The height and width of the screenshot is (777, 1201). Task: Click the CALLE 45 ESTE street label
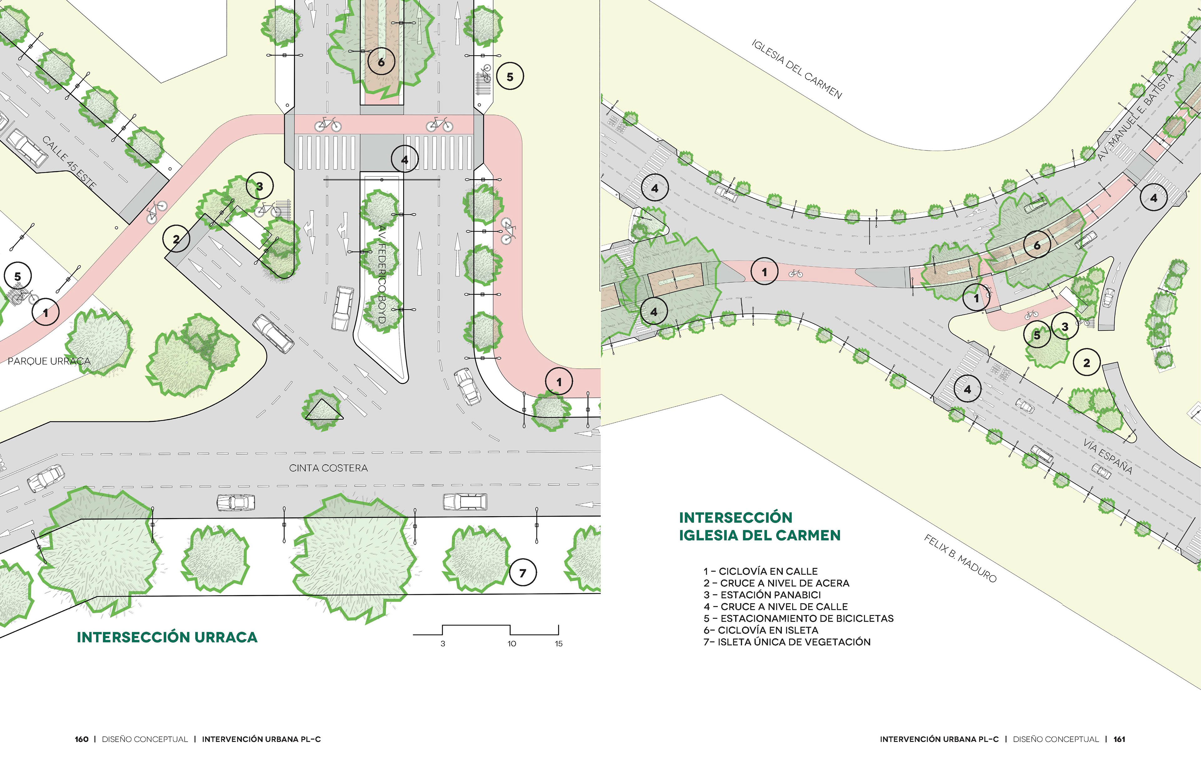69,163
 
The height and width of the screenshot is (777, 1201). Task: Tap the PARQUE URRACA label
49,361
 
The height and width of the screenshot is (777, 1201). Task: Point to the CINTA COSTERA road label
328,468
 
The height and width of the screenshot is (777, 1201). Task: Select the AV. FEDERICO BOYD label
382,275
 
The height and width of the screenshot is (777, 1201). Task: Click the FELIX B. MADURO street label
960,558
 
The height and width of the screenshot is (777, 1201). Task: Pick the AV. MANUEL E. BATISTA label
1136,117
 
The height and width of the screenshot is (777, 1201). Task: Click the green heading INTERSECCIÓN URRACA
167,637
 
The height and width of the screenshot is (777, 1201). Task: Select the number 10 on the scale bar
512,644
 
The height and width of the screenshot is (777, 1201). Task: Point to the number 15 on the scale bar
559,644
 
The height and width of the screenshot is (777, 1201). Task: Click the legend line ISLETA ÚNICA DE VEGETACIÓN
787,642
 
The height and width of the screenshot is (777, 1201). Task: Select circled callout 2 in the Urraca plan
176,239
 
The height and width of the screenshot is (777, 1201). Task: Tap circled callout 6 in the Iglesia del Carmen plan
1037,245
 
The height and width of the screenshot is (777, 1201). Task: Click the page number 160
81,739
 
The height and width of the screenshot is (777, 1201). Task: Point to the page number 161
1119,739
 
